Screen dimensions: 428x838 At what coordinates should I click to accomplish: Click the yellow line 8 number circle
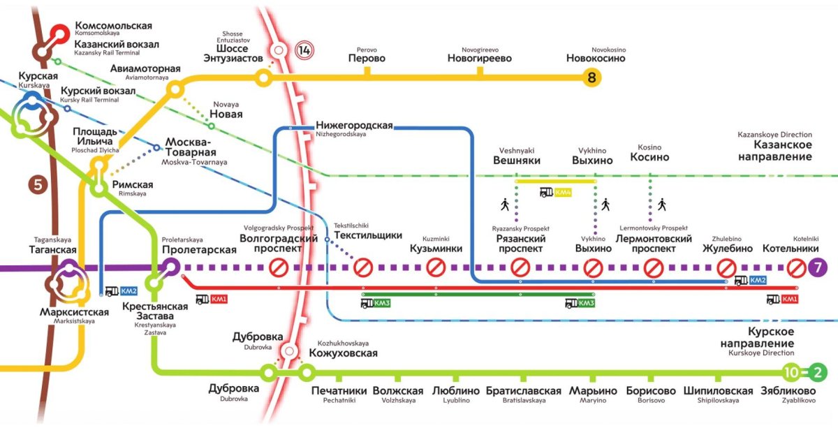[x=592, y=79]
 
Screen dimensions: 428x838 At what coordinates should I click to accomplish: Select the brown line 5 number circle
[x=37, y=186]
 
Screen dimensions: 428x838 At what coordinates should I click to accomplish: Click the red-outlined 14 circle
[x=304, y=50]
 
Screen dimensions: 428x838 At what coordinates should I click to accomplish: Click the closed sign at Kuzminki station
[x=436, y=267]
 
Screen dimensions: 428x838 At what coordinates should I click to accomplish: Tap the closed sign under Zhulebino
[x=728, y=267]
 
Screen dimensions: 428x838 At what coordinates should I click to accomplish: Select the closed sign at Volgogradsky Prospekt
[x=279, y=267]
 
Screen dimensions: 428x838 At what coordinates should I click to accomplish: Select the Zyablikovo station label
[x=788, y=392]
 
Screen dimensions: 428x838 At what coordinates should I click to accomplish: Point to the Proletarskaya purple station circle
[x=170, y=267]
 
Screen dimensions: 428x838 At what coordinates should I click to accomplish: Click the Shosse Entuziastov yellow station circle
[x=263, y=78]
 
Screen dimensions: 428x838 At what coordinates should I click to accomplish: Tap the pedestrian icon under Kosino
[x=661, y=205]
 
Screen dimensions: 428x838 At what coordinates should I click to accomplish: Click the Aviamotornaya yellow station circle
[x=175, y=89]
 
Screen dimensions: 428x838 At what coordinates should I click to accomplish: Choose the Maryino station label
[x=593, y=392]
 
